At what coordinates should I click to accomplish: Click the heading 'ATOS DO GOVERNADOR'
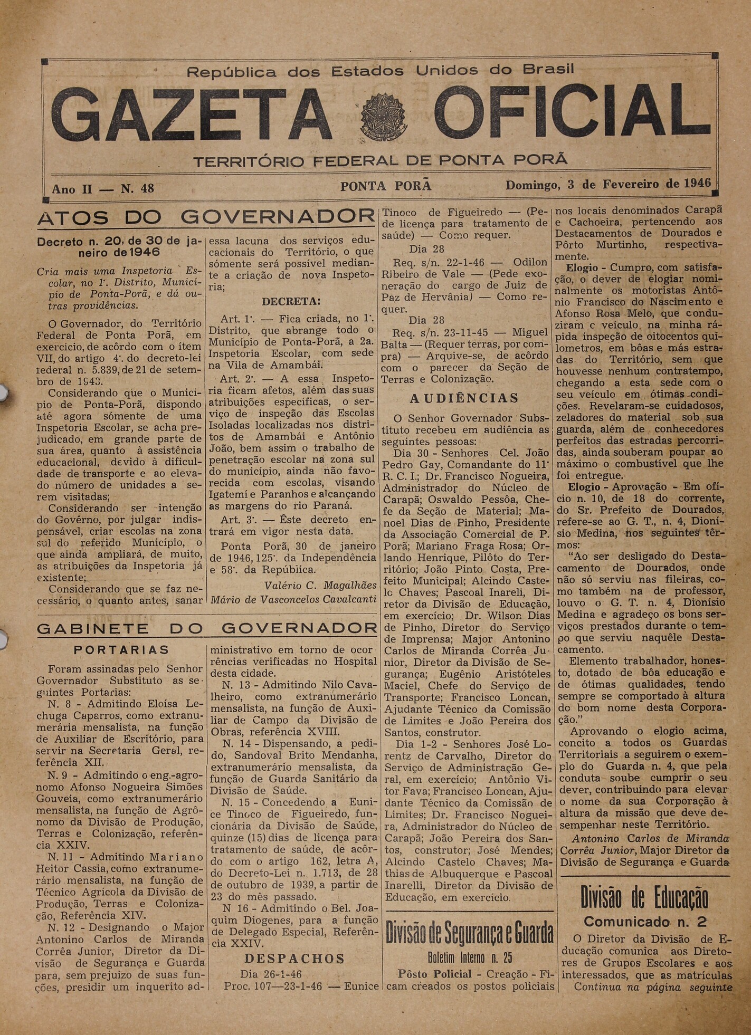click(x=206, y=217)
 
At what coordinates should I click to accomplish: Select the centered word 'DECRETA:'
click(x=291, y=302)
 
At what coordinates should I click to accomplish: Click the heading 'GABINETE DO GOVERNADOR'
click(x=206, y=628)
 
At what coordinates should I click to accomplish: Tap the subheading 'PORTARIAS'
click(x=121, y=650)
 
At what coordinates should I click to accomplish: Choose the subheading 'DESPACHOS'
click(x=294, y=959)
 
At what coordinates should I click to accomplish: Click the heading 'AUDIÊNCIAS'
click(x=464, y=398)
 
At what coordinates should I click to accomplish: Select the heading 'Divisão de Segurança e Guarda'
click(x=469, y=934)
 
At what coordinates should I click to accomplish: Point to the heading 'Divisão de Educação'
click(x=644, y=898)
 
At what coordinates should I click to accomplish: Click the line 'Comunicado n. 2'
click(x=644, y=922)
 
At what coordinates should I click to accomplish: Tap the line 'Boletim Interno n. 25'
click(x=469, y=958)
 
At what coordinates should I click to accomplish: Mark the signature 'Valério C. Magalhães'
click(x=320, y=585)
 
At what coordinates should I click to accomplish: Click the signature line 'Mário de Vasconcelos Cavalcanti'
click(x=293, y=599)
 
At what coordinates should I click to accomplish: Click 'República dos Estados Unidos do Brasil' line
click(x=380, y=71)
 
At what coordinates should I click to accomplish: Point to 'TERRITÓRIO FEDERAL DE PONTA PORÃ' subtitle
click(x=380, y=161)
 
